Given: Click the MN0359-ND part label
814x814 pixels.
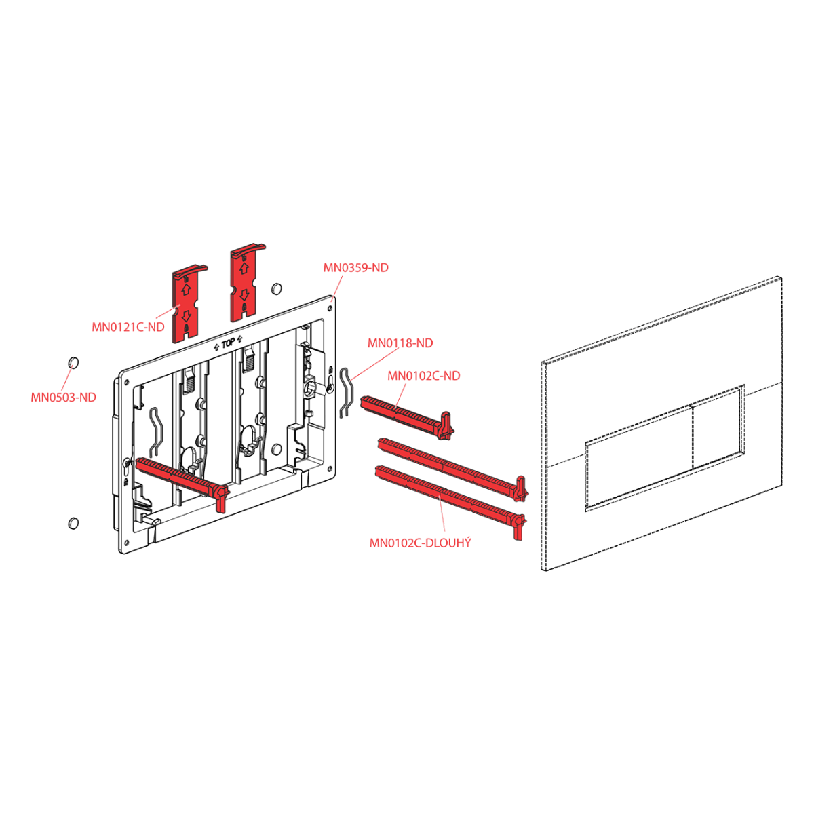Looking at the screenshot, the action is (355, 268).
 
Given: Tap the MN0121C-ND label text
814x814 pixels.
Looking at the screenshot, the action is (128, 327).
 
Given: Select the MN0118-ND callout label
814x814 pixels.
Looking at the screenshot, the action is (400, 343).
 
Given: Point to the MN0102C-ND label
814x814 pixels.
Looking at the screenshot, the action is (424, 376).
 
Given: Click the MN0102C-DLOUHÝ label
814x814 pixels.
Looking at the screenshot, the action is (421, 543).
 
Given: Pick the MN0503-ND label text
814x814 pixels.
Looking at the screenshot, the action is (63, 398).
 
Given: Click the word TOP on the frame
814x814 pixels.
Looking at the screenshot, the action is (228, 344).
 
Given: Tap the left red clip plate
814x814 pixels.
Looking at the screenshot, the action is (189, 303).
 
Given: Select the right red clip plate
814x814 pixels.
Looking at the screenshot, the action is (247, 282).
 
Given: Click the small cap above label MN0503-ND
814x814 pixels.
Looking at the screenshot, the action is (73, 362).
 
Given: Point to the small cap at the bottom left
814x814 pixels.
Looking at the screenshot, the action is (73, 523).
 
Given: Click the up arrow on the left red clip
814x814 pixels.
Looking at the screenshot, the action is (186, 289).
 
